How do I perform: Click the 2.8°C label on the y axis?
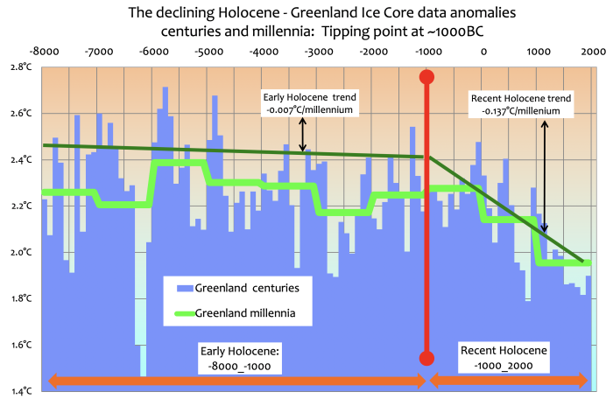[x=20, y=66]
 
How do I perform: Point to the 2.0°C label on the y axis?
[x=20, y=252]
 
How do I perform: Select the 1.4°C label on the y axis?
[x=20, y=390]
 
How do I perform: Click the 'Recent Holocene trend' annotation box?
[x=520, y=105]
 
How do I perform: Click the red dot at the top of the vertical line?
[x=427, y=77]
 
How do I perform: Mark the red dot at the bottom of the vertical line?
[x=427, y=357]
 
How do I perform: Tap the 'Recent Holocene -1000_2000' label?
[x=504, y=356]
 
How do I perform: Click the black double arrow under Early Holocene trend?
[x=302, y=135]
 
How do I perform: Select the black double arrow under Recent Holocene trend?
[x=544, y=175]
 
